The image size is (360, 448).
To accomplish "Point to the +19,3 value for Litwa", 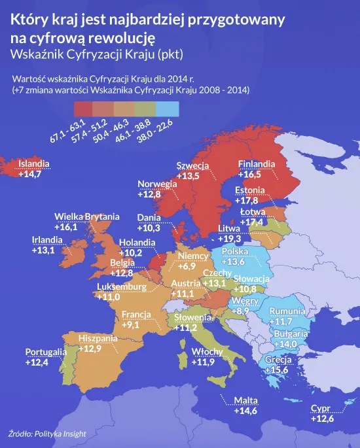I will point(228,240).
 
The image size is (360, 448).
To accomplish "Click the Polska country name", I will point(235,252).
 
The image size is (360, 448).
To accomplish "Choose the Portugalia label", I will point(46,352).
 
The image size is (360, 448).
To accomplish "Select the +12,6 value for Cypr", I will point(322,419).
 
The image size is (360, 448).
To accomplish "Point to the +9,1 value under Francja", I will point(134,324).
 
